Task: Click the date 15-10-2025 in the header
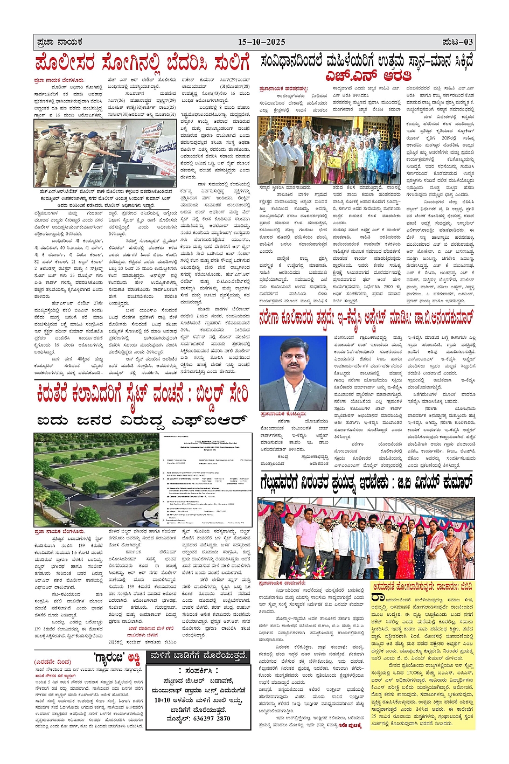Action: coord(262,42)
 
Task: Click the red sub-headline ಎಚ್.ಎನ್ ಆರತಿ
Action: coord(367,76)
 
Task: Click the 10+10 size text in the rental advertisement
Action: coord(163,700)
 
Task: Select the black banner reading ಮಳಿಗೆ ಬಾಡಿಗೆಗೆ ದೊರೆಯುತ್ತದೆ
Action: coord(198,655)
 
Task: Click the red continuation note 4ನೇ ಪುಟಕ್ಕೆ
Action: coord(350,725)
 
